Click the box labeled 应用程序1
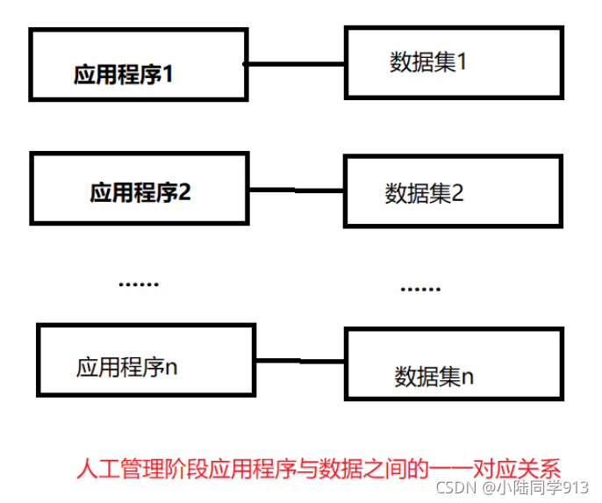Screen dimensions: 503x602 coord(137,63)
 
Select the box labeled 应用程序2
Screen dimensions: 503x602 coord(140,188)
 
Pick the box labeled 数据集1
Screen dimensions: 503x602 coord(453,61)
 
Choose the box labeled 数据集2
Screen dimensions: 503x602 coord(451,191)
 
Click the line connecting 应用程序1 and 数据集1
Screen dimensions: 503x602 coord(294,63)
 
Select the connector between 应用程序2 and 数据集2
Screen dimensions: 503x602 coord(296,190)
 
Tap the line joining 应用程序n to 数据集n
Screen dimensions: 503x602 coord(300,359)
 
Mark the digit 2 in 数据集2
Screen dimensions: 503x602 coord(457,193)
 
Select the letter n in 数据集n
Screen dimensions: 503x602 coord(468,377)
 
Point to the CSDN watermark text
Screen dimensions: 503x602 coord(454,487)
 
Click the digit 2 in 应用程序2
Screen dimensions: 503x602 coord(184,192)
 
